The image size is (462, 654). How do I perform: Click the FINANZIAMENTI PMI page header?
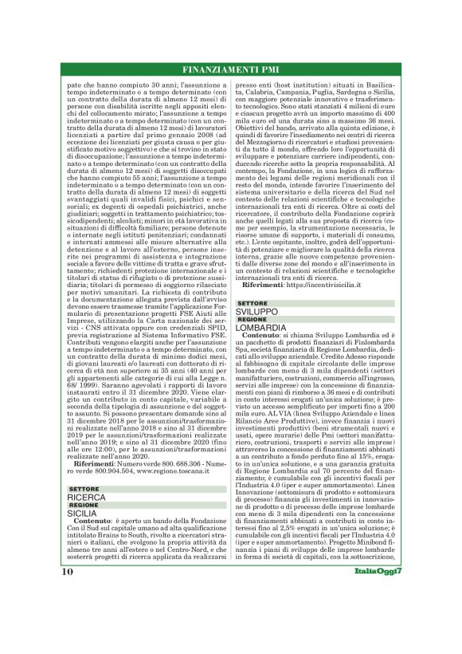231,68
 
